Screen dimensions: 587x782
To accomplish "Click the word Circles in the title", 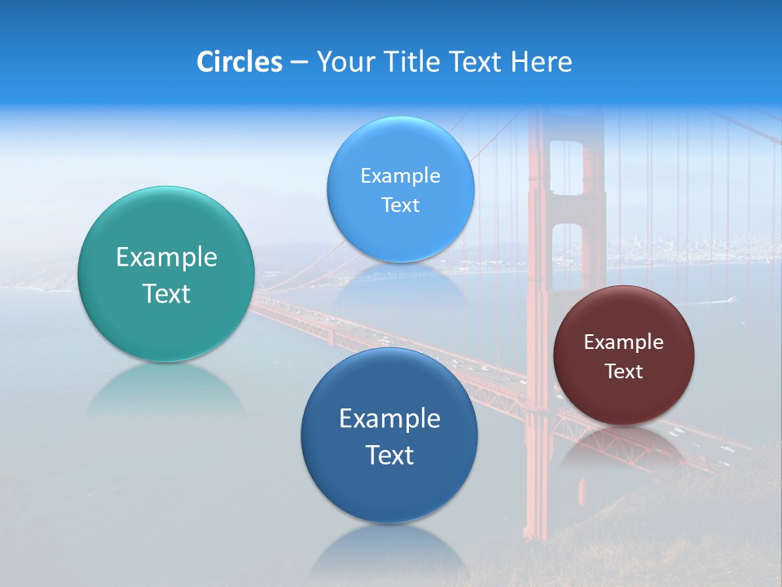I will [x=239, y=62].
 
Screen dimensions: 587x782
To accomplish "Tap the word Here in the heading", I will [x=542, y=62].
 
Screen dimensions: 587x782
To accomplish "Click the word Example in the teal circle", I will [x=166, y=258].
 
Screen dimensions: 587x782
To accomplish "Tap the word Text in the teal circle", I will [x=166, y=293].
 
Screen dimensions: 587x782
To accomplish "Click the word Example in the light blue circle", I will [x=400, y=175].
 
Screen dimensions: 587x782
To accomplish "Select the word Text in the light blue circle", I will [x=400, y=205].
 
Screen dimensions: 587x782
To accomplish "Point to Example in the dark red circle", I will [x=624, y=342].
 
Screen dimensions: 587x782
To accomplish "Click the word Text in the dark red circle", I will [x=624, y=372].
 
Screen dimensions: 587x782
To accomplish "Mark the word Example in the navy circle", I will [x=389, y=418].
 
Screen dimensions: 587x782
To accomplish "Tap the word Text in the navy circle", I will [x=389, y=455].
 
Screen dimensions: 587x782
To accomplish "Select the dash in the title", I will [x=299, y=63].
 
